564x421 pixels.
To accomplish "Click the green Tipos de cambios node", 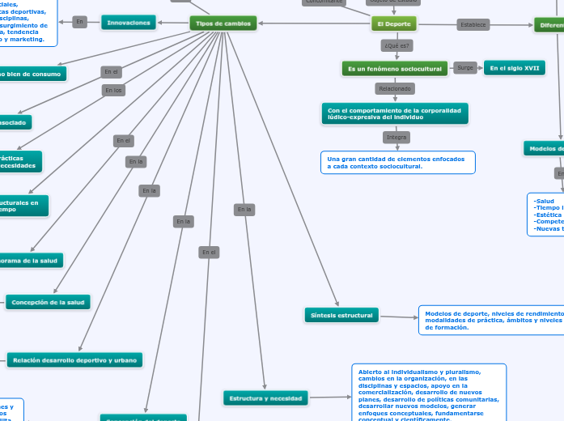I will tap(223, 23).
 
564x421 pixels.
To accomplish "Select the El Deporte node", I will tap(392, 24).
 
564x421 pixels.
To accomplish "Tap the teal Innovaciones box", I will tap(128, 23).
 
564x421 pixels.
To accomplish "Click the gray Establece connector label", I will tap(473, 25).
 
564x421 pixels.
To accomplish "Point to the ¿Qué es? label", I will tap(396, 45).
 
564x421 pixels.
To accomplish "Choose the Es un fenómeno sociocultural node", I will tap(394, 69).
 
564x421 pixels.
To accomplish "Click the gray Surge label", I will tap(465, 68).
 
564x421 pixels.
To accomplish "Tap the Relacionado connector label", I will tap(396, 88).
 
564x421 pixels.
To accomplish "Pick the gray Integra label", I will tap(396, 138).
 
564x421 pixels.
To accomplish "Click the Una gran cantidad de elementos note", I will tap(396, 163).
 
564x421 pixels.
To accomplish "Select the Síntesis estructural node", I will tap(341, 314).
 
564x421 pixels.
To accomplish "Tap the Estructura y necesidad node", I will tap(265, 398).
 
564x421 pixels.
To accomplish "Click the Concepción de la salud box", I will tap(48, 302).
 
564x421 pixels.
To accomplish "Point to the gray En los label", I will tap(113, 90).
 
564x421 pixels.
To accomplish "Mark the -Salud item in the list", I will tap(545, 200).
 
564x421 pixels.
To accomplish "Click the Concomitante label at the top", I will tap(324, 2).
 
